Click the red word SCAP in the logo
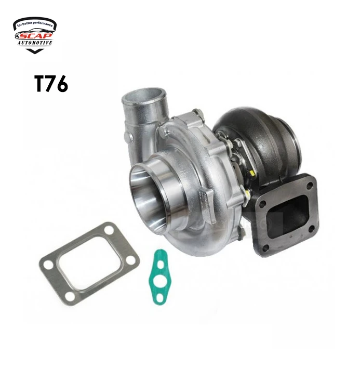click(39, 35)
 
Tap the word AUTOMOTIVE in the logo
click(35, 43)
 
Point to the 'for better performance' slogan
click(35, 24)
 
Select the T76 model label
click(51, 84)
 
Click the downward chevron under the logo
click(35, 51)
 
